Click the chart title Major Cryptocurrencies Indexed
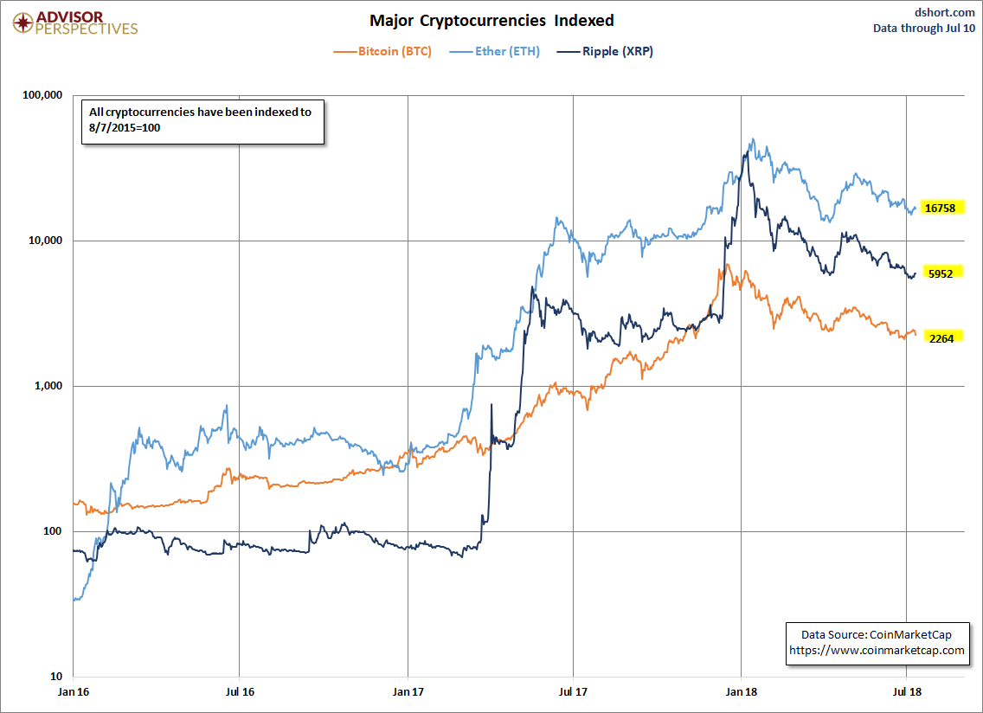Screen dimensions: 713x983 click(x=491, y=20)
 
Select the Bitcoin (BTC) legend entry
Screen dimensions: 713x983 click(x=382, y=51)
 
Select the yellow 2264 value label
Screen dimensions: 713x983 click(x=941, y=338)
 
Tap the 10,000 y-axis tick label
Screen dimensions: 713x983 click(x=43, y=241)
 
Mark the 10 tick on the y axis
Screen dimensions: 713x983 click(x=57, y=677)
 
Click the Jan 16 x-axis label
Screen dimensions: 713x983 click(x=74, y=692)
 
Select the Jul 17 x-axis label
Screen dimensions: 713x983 click(x=574, y=692)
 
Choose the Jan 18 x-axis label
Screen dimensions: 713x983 click(x=741, y=692)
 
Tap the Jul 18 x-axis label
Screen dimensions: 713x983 click(x=907, y=692)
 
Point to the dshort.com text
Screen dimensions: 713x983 click(x=944, y=12)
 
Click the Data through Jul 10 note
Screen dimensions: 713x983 click(x=924, y=28)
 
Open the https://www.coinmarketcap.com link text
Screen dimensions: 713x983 click(x=877, y=650)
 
